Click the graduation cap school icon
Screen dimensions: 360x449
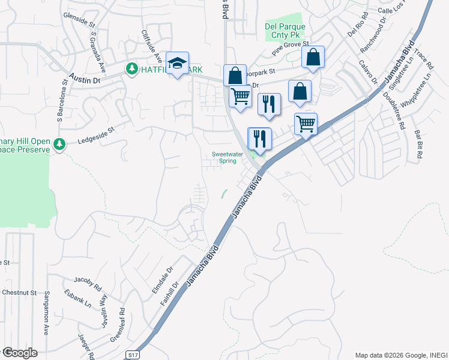[177, 64]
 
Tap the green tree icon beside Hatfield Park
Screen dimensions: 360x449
[131, 70]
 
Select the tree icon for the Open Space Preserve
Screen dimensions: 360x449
[59, 145]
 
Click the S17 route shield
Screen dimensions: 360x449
[133, 355]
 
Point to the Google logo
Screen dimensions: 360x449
[20, 353]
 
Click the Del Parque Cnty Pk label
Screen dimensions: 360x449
[285, 31]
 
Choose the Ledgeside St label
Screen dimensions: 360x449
[96, 139]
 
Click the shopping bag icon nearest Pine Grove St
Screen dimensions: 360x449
[313, 58]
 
